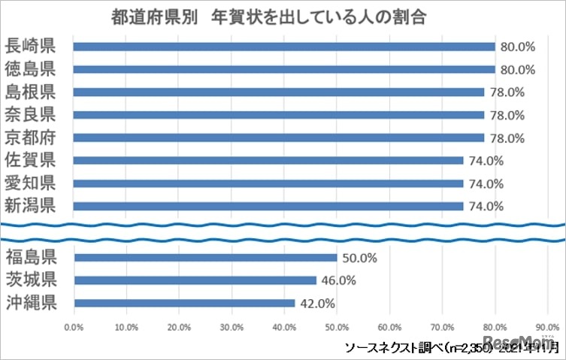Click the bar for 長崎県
point(284,47)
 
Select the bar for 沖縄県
point(184,304)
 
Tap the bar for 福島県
point(205,258)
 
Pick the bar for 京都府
point(279,138)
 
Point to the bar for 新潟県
point(268,206)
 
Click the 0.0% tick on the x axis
point(74,327)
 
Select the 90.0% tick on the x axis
point(546,327)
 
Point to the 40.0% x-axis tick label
point(284,327)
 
